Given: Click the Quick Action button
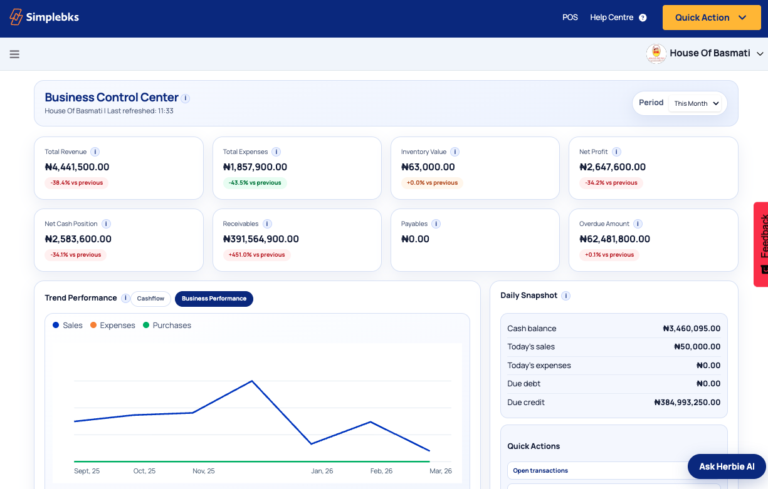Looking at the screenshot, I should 710,18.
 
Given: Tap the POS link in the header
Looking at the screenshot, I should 570,18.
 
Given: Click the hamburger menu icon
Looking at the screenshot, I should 14,54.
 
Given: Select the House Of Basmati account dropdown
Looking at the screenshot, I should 705,53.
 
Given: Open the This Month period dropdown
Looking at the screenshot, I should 697,103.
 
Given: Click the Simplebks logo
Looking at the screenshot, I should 44,18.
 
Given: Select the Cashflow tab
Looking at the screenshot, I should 150,299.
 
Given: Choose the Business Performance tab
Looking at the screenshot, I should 214,299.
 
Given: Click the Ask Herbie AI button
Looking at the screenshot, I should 727,466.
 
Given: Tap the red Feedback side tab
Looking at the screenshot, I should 761,244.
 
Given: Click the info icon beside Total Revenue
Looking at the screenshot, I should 95,152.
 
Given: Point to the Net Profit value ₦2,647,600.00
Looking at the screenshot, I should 612,167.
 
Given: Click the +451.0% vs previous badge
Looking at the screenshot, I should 256,255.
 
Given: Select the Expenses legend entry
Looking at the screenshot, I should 112,326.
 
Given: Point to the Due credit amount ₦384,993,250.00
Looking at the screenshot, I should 686,403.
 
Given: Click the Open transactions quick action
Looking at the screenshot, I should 540,471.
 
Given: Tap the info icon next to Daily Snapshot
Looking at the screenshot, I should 565,296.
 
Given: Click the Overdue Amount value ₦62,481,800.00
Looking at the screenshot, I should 614,239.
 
